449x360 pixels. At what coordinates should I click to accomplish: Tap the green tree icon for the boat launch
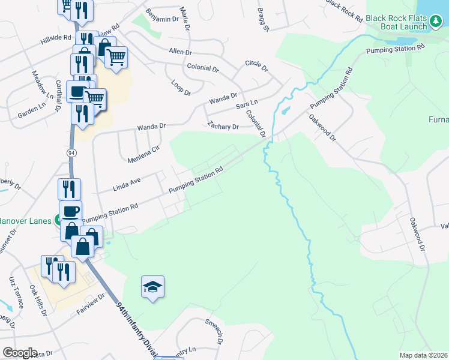tap(436, 22)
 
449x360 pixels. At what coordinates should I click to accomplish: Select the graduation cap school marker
tap(152, 287)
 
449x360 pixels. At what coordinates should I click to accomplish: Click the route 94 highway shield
tap(71, 154)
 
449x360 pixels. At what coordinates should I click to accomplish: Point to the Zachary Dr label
tap(223, 126)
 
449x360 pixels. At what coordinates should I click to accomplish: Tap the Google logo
tap(19, 353)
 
